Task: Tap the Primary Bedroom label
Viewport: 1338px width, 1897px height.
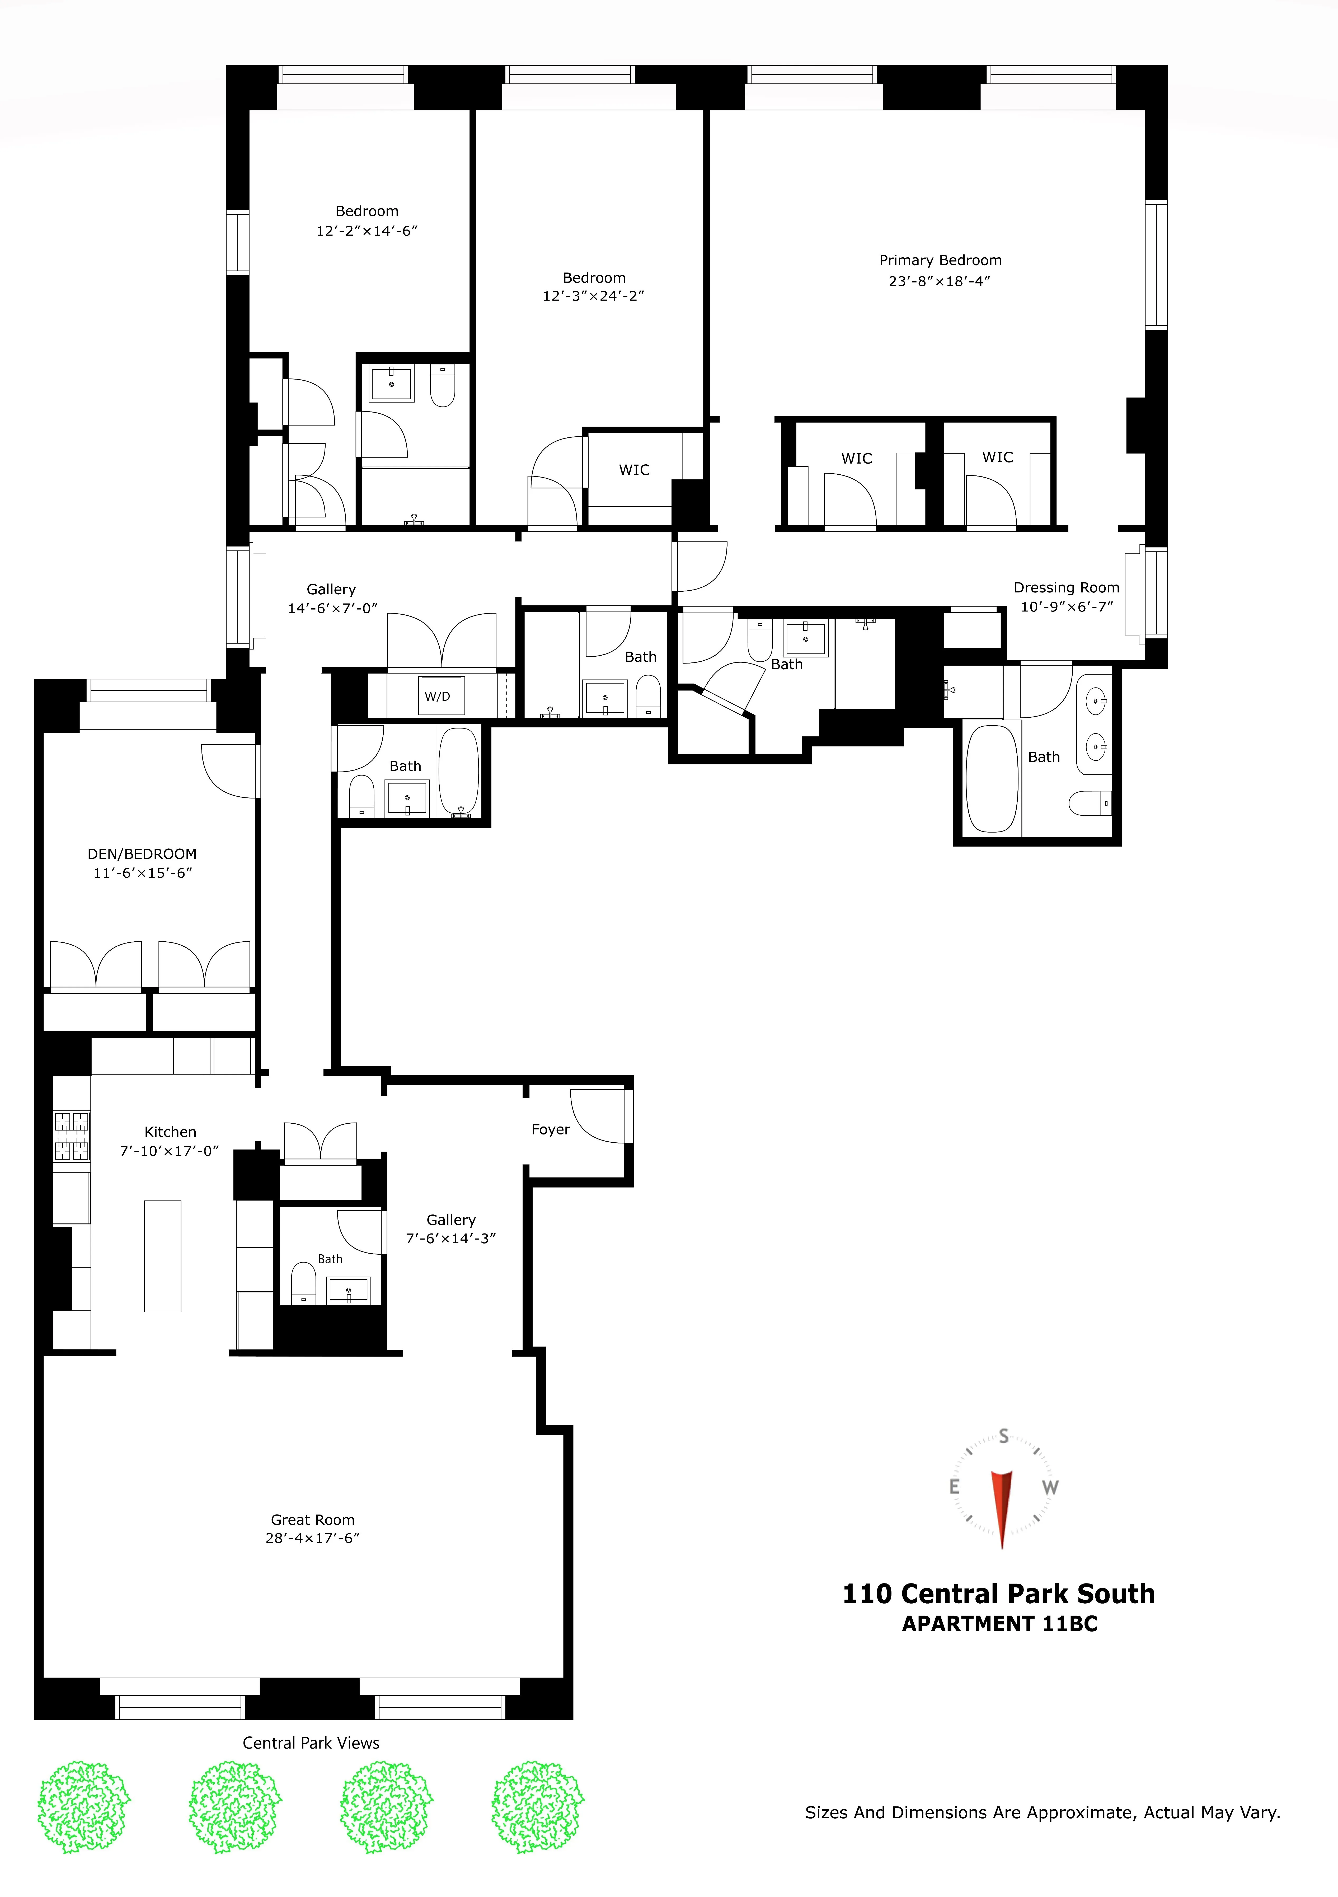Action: click(x=940, y=260)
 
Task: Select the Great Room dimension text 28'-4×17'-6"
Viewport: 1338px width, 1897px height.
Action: click(x=312, y=1538)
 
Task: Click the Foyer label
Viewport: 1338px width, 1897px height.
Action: click(x=550, y=1129)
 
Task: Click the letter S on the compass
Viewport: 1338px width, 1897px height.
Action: click(x=1003, y=1436)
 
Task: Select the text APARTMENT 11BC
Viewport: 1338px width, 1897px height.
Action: click(x=999, y=1624)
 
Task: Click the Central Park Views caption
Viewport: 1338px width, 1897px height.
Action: click(x=311, y=1742)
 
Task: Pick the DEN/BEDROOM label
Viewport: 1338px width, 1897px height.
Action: click(x=142, y=853)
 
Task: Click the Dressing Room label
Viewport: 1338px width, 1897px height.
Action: click(x=1066, y=587)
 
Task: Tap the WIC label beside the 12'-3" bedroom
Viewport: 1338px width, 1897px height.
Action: click(x=634, y=469)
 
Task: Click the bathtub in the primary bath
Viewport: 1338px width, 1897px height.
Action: click(x=992, y=778)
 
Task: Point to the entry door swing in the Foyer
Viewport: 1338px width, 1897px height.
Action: click(x=596, y=1115)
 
